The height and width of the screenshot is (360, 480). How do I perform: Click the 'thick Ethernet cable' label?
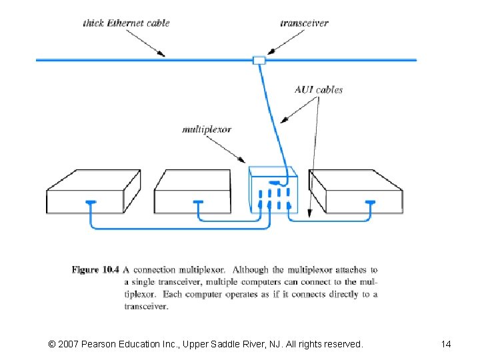(x=126, y=23)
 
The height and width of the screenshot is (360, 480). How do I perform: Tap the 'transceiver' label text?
(x=304, y=23)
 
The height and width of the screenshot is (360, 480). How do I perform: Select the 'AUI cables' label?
(x=319, y=89)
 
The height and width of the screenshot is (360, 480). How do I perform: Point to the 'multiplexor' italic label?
(x=207, y=129)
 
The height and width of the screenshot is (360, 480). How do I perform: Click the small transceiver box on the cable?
(x=259, y=60)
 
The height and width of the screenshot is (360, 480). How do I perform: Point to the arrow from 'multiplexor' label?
(x=234, y=150)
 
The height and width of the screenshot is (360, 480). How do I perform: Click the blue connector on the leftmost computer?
(x=91, y=201)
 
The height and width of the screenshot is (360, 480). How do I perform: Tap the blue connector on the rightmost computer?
(x=371, y=201)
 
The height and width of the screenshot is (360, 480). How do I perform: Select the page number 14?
(x=446, y=344)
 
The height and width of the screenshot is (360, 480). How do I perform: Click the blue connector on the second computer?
(x=197, y=201)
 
